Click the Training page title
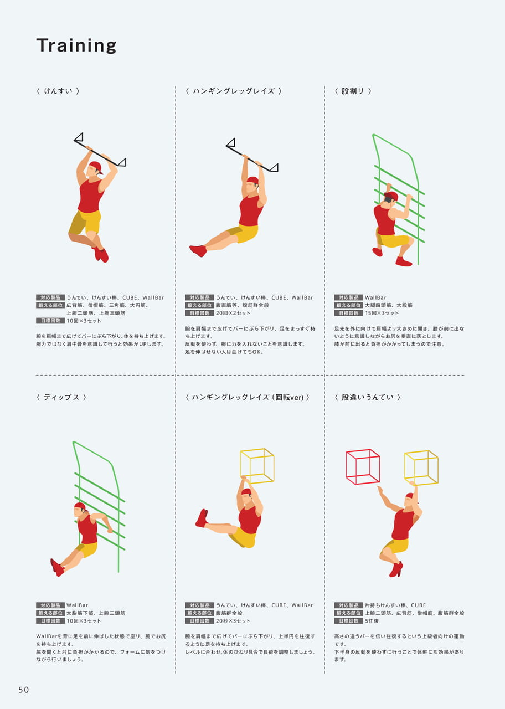coord(76,45)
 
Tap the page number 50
coord(24,690)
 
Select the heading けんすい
coord(58,91)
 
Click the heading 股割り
coord(353,91)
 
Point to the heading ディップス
coord(61,397)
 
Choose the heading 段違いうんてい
coord(367,397)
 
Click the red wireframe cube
coord(363,467)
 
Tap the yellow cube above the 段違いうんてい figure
coord(421,468)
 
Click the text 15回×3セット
coord(382,313)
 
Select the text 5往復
coord(372,621)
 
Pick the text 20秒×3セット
coord(233,621)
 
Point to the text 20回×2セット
coord(233,313)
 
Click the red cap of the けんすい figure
coord(96,167)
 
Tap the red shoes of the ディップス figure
coord(57,567)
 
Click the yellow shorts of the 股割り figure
coord(393,240)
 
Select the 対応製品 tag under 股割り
coord(348,297)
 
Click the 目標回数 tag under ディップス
coord(50,621)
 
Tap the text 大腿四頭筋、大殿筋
coord(389,305)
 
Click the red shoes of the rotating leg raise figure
coord(202,518)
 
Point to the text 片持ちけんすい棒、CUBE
coord(395,605)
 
